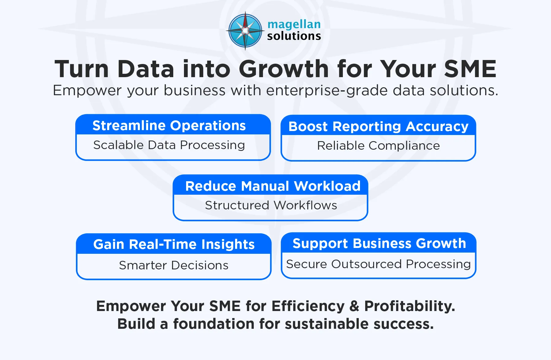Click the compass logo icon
[245, 31]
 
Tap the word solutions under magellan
[294, 36]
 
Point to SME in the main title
[470, 69]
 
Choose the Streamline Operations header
[169, 126]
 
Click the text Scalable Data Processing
[169, 145]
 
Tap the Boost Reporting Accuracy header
[378, 126]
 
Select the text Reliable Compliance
[378, 146]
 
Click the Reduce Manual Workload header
[273, 186]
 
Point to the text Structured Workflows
[271, 205]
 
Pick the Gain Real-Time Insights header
[174, 244]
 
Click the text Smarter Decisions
[174, 265]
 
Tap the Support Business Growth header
[379, 243]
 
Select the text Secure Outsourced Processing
[378, 264]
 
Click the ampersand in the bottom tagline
[354, 306]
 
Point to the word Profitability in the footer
[409, 306]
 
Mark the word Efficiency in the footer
[308, 306]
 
